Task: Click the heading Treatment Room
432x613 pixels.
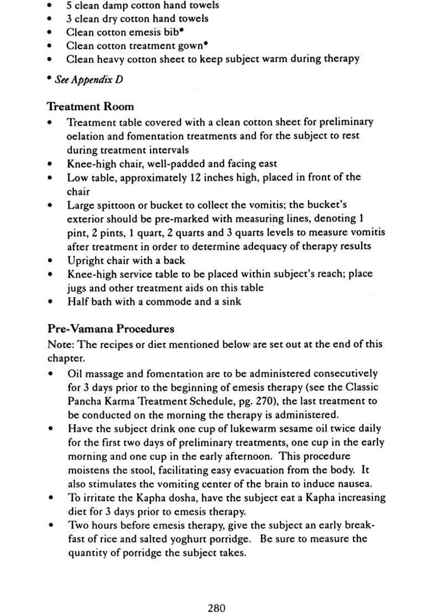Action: coord(90,106)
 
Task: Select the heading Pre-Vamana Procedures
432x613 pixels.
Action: coord(111,329)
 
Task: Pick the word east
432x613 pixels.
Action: coord(266,164)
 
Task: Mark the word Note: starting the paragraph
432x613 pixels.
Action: coord(60,344)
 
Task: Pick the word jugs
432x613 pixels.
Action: coord(77,288)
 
